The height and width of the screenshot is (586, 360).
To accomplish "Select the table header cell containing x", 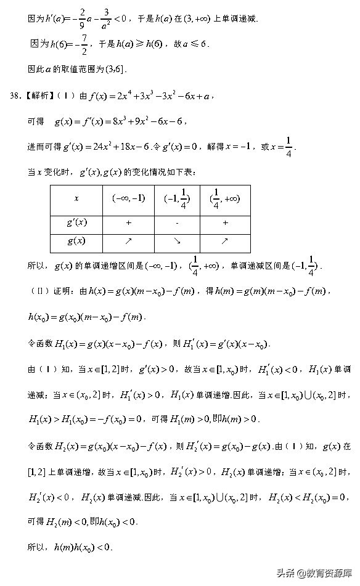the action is (x=76, y=198).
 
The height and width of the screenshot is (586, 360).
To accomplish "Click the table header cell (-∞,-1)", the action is (x=128, y=198).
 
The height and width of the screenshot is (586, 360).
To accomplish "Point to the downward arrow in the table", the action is (x=177, y=241).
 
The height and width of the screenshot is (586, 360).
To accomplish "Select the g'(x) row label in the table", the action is (x=76, y=222).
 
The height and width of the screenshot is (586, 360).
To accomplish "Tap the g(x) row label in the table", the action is (x=76, y=241).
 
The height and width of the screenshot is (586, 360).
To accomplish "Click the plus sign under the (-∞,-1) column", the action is (x=128, y=222).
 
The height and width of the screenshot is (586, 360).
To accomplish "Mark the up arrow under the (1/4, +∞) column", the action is (x=225, y=241).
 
